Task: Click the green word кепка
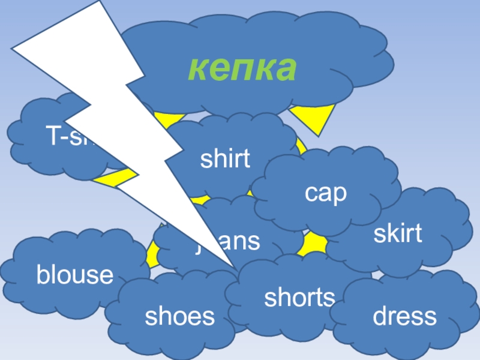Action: tap(242, 69)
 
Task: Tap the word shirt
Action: tap(224, 160)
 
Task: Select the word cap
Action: tap(326, 193)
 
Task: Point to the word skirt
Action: tap(398, 234)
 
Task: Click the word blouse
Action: tap(75, 275)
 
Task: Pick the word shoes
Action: tap(179, 316)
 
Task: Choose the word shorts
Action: tap(299, 297)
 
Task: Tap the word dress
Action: tap(405, 316)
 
